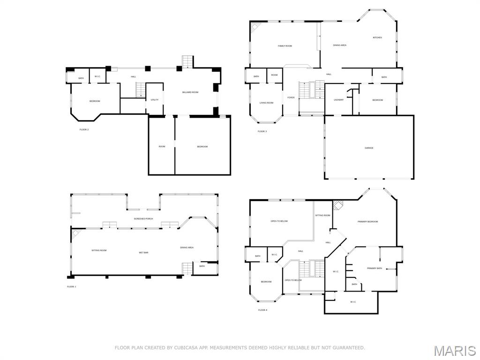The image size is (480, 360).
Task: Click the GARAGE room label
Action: click(369, 148)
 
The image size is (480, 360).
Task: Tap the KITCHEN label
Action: click(377, 37)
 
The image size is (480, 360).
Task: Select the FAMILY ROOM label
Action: click(285, 46)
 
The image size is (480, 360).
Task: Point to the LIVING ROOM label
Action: click(266, 103)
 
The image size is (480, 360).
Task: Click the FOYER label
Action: click(291, 97)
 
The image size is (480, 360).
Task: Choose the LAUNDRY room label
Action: click(338, 100)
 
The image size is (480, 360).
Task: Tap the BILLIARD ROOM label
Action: click(190, 92)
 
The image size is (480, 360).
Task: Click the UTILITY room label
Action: click(155, 100)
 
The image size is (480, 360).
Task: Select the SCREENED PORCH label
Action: click(143, 219)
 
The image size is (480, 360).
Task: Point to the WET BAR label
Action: click(143, 253)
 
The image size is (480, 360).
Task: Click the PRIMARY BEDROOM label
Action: click(367, 221)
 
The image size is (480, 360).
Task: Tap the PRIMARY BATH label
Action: click(375, 268)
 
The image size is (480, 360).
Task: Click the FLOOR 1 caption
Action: click(71, 286)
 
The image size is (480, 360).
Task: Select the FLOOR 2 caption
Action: click(84, 129)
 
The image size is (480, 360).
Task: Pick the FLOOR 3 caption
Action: click(262, 131)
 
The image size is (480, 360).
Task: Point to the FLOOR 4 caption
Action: click(262, 310)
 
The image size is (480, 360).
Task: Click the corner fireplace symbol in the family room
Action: click(255, 26)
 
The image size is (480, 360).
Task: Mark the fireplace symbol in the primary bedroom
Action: click(337, 205)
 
